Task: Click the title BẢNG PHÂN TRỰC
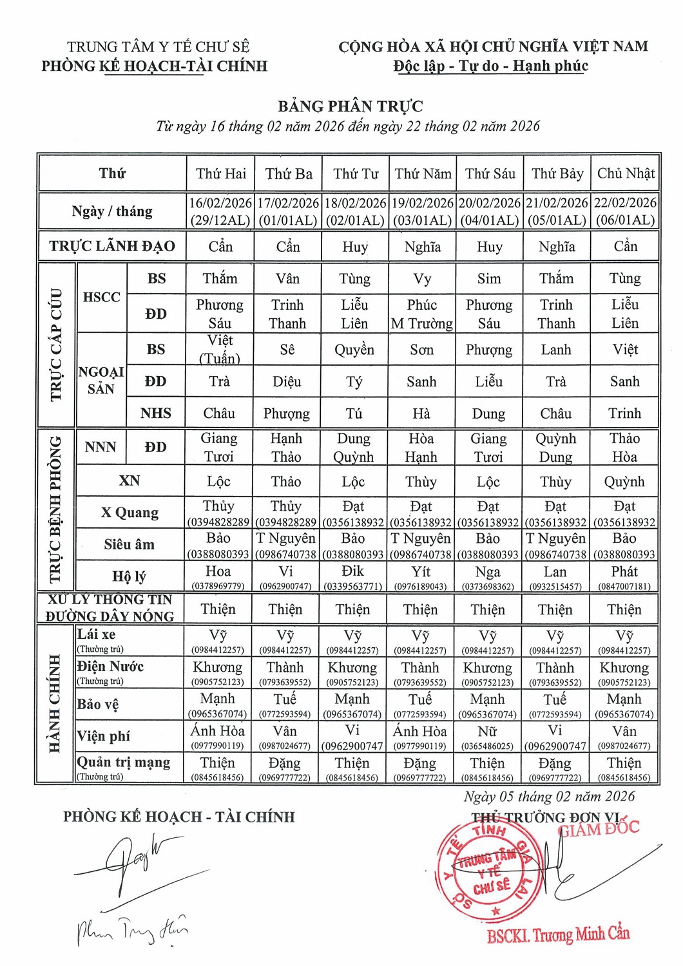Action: tap(350, 106)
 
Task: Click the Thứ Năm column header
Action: tap(423, 173)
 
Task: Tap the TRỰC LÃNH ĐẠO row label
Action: tap(112, 246)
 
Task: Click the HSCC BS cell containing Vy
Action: tap(422, 279)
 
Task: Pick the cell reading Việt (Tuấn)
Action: tap(220, 349)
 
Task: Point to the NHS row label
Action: tap(156, 413)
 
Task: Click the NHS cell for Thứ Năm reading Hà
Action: tap(421, 413)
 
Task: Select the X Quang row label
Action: tap(130, 513)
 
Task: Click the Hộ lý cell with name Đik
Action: tap(353, 576)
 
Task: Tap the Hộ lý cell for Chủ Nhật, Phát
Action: tap(624, 576)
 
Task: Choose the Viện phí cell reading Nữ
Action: tap(488, 736)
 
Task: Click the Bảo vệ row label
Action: tap(98, 705)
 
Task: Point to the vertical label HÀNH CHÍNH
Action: tap(55, 705)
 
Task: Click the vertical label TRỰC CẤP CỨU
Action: tap(56, 345)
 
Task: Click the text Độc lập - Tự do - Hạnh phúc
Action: tap(490, 66)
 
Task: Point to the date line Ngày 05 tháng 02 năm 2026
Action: tap(549, 797)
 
